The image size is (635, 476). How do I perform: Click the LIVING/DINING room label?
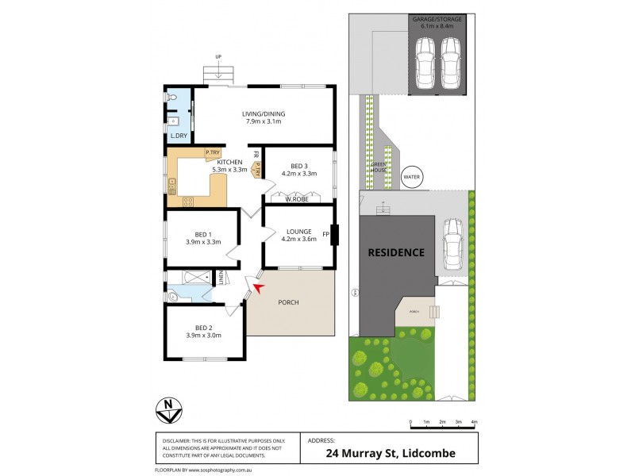[x=264, y=113]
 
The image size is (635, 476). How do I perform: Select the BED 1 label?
[x=202, y=234]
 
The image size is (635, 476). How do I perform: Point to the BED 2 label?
[x=204, y=327]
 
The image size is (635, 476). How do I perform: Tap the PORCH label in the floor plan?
[x=289, y=302]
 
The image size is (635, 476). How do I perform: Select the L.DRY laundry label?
[x=178, y=137]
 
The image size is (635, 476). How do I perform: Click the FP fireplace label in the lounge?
[x=325, y=235]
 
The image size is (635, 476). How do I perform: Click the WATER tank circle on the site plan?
[x=412, y=177]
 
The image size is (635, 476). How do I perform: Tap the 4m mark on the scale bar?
[x=474, y=420]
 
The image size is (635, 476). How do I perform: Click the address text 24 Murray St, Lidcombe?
[x=390, y=454]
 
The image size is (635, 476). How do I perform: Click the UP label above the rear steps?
[x=217, y=56]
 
